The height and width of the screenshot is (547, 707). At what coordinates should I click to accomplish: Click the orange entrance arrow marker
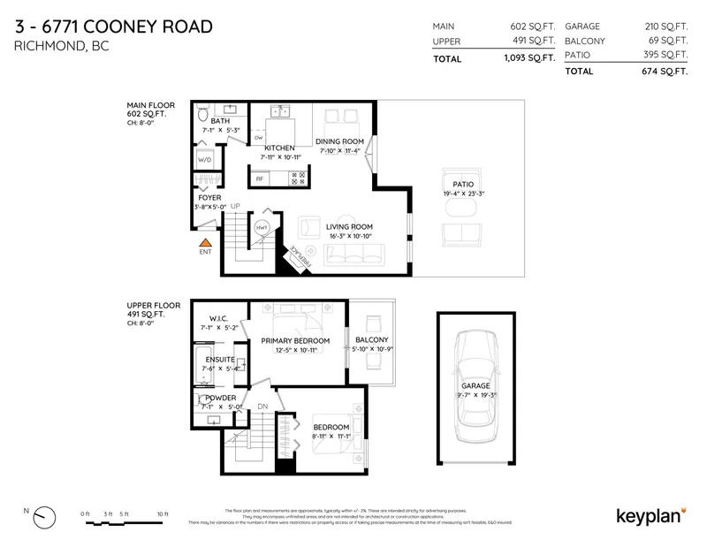[x=205, y=241]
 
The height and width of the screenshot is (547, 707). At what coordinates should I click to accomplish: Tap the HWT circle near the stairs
[x=262, y=228]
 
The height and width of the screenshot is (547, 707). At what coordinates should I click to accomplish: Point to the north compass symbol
[x=42, y=516]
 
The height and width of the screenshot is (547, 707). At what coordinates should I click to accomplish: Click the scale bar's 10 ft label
[x=162, y=513]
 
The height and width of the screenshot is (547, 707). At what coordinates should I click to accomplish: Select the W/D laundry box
[x=205, y=160]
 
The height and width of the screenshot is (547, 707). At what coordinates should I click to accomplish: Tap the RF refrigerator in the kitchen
[x=260, y=179]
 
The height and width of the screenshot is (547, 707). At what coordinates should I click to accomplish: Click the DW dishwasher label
[x=258, y=139]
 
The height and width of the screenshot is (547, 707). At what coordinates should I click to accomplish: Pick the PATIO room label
[x=463, y=184]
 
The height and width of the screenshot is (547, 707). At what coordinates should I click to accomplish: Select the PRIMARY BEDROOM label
[x=295, y=341]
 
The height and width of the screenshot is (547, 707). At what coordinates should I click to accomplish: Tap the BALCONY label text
[x=372, y=340]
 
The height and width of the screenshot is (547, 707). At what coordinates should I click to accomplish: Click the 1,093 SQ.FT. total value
[x=525, y=59]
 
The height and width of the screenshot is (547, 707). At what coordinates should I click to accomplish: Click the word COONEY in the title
[x=122, y=27]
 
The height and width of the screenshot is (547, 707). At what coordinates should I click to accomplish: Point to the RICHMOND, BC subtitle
[x=62, y=46]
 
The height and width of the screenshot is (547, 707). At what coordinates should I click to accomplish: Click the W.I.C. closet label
[x=219, y=318]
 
